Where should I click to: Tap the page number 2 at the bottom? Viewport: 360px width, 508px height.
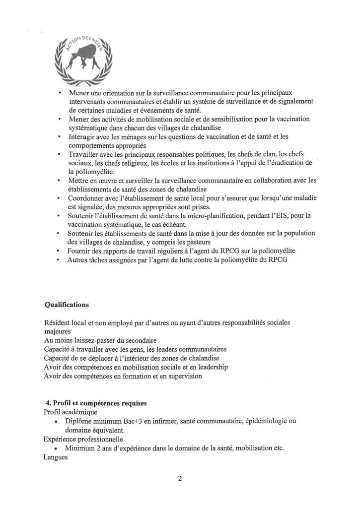click(x=179, y=479)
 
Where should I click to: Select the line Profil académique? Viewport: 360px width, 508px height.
click(x=70, y=412)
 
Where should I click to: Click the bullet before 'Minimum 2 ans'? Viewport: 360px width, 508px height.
click(x=60, y=448)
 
